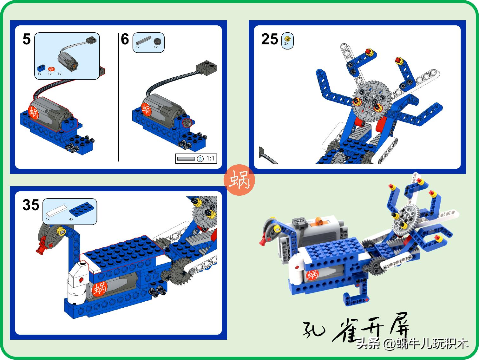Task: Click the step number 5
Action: click(27, 39)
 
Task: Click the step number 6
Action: click(125, 39)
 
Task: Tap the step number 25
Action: click(270, 39)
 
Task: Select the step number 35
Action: click(31, 205)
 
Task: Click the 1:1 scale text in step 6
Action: click(210, 158)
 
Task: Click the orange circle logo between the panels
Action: click(239, 180)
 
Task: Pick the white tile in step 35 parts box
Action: click(56, 210)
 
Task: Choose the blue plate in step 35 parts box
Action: click(82, 208)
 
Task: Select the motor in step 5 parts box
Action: click(67, 60)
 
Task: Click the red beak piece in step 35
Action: click(41, 248)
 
